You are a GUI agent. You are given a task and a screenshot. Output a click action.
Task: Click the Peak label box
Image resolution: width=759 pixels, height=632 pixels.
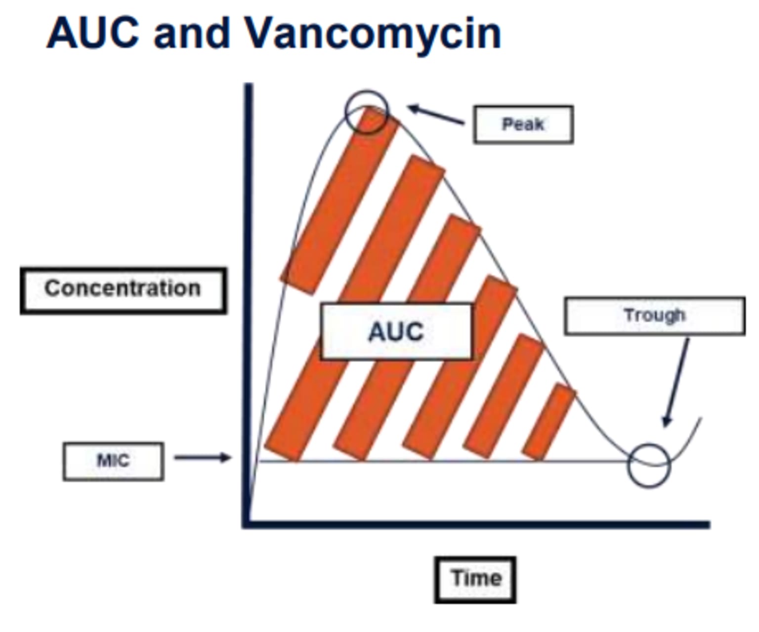point(523,125)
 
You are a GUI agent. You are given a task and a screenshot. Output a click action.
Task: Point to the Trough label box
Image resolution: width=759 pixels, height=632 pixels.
point(655,316)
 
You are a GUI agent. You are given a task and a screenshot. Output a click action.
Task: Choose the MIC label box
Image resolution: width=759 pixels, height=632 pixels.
point(114,461)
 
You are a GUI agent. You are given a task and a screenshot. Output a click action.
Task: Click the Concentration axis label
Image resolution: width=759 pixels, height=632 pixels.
point(123,291)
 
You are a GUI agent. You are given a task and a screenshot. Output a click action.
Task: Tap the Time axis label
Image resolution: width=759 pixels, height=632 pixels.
point(475,580)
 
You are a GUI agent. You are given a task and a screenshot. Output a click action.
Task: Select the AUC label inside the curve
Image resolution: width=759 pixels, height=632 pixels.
point(397,332)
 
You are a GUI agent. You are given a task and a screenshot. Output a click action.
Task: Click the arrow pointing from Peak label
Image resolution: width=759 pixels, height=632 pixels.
point(436,115)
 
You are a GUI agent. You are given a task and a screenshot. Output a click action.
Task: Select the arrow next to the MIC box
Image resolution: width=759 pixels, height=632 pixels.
point(203,458)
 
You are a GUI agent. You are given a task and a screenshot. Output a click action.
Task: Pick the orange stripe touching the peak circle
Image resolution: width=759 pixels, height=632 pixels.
point(340,200)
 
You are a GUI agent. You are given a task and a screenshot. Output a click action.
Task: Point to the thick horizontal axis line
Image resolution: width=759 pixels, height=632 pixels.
point(476,524)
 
